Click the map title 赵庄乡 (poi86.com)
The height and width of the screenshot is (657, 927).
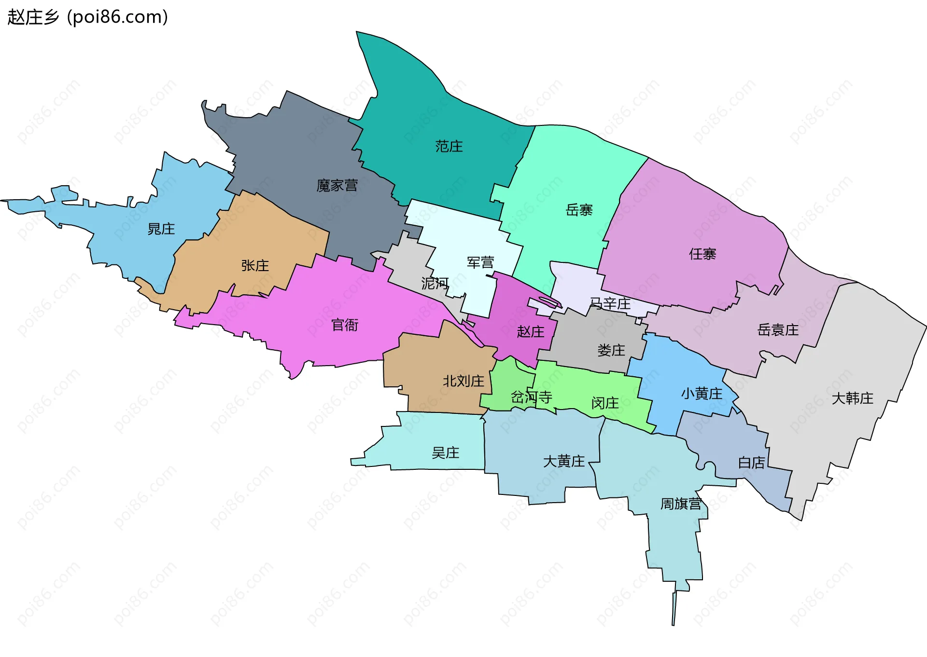tap(88, 17)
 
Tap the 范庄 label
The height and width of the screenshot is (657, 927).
tap(449, 146)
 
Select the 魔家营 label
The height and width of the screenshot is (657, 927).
tap(337, 185)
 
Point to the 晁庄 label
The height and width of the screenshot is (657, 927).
tap(161, 229)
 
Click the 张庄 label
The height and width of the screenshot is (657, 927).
tap(255, 265)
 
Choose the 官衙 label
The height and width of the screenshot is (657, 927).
tap(345, 325)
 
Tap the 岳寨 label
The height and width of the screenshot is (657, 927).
tap(579, 210)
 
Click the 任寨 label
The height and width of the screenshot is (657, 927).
tap(702, 254)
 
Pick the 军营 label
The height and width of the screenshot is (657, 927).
tap(480, 262)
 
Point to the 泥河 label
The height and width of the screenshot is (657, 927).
tap(435, 283)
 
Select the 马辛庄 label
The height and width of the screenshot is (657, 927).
tap(610, 303)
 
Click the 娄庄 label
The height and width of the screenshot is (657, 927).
tap(611, 350)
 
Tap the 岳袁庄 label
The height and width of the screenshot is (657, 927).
tap(778, 330)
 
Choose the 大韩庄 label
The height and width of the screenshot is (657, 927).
tap(852, 398)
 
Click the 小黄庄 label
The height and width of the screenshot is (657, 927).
tap(702, 394)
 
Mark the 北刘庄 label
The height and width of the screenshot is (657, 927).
tap(463, 381)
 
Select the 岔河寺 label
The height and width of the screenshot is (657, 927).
tap(531, 397)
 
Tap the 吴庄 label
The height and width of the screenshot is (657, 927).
tap(445, 452)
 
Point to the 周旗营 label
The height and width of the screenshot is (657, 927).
tap(681, 504)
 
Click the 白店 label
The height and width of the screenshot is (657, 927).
tap(751, 463)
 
